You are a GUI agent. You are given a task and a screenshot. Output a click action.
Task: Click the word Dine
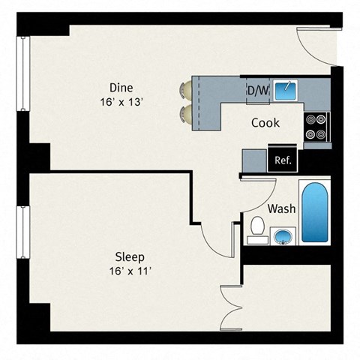click(x=121, y=86)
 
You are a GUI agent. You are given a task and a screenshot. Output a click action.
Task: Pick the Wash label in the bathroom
click(x=281, y=209)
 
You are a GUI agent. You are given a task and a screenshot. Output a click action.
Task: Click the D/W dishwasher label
click(x=257, y=90)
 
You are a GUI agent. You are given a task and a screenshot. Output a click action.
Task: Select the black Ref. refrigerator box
click(x=283, y=160)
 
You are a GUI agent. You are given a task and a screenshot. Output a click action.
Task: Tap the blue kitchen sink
click(x=286, y=90)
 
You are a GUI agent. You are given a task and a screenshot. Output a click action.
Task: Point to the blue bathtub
click(x=314, y=211)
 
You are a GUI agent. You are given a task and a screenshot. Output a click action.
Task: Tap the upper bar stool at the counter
click(x=184, y=91)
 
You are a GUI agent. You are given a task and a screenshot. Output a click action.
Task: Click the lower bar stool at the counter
click(x=184, y=113)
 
